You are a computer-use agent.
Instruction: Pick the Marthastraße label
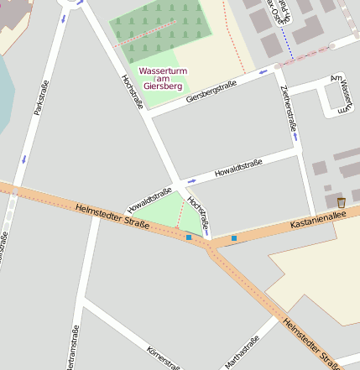pyautogui.click(x=241, y=353)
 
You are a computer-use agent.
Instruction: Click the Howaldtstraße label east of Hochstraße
pyautogui.click(x=238, y=168)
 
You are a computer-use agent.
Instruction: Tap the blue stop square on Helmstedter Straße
pyautogui.click(x=189, y=237)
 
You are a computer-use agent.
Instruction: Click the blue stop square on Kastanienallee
pyautogui.click(x=233, y=238)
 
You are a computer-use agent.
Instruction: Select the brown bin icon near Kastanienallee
pyautogui.click(x=341, y=202)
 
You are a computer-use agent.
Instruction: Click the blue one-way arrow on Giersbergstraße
pyautogui.click(x=263, y=72)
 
